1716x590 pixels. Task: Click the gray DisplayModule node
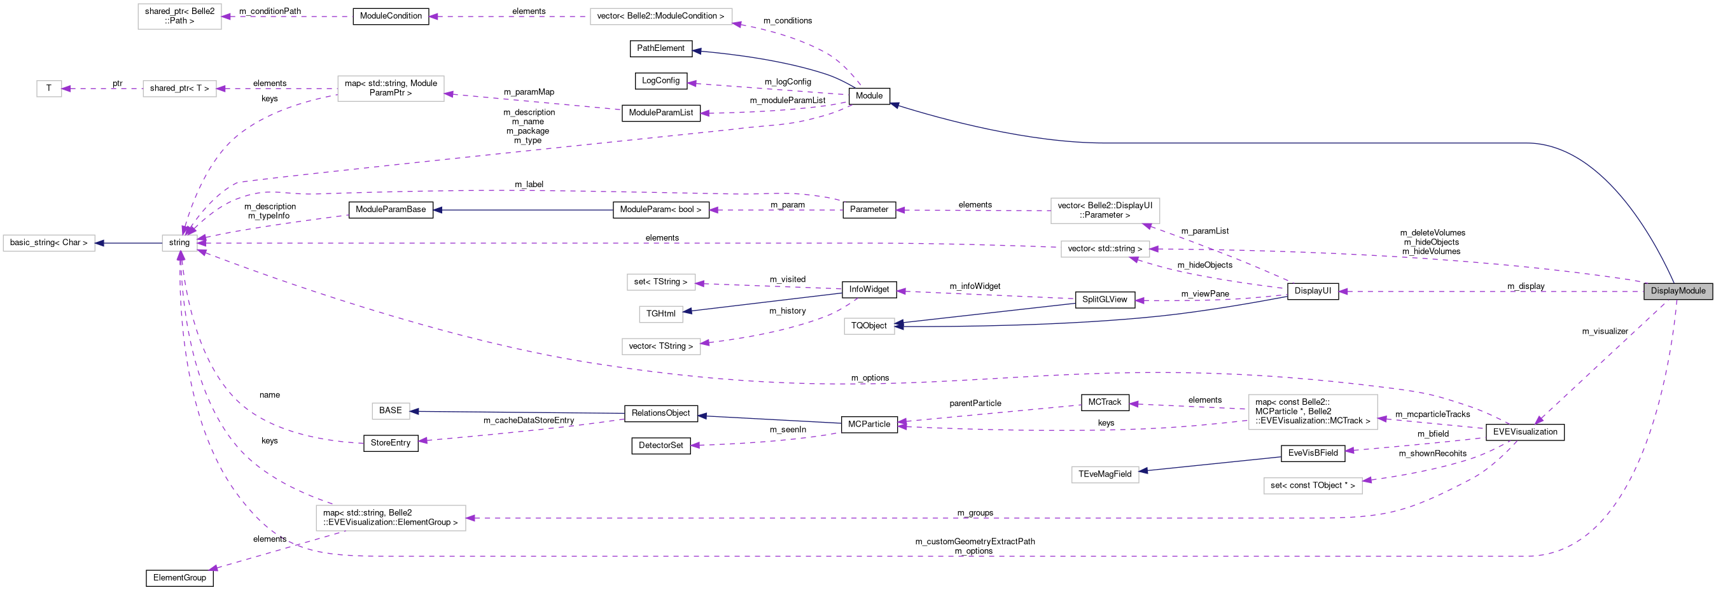(1677, 291)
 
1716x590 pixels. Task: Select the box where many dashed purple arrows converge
(179, 243)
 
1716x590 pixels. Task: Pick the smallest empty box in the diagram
(48, 88)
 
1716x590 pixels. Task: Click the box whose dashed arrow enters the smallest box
(179, 88)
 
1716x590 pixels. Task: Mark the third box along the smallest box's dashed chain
(391, 88)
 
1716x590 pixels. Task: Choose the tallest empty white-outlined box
(1313, 412)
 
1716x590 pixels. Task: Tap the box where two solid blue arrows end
(868, 326)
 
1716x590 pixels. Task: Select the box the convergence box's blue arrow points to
(48, 243)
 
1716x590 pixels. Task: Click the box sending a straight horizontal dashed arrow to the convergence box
(1105, 249)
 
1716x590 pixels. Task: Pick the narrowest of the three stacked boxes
(660, 314)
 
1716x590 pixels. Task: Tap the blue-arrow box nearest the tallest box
(1105, 475)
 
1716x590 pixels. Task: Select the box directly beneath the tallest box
(1313, 486)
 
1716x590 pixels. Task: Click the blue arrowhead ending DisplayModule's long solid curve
(895, 104)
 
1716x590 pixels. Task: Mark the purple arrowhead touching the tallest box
(1382, 419)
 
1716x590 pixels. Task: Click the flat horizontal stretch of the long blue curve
(1299, 143)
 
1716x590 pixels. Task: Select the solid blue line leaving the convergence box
(130, 243)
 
